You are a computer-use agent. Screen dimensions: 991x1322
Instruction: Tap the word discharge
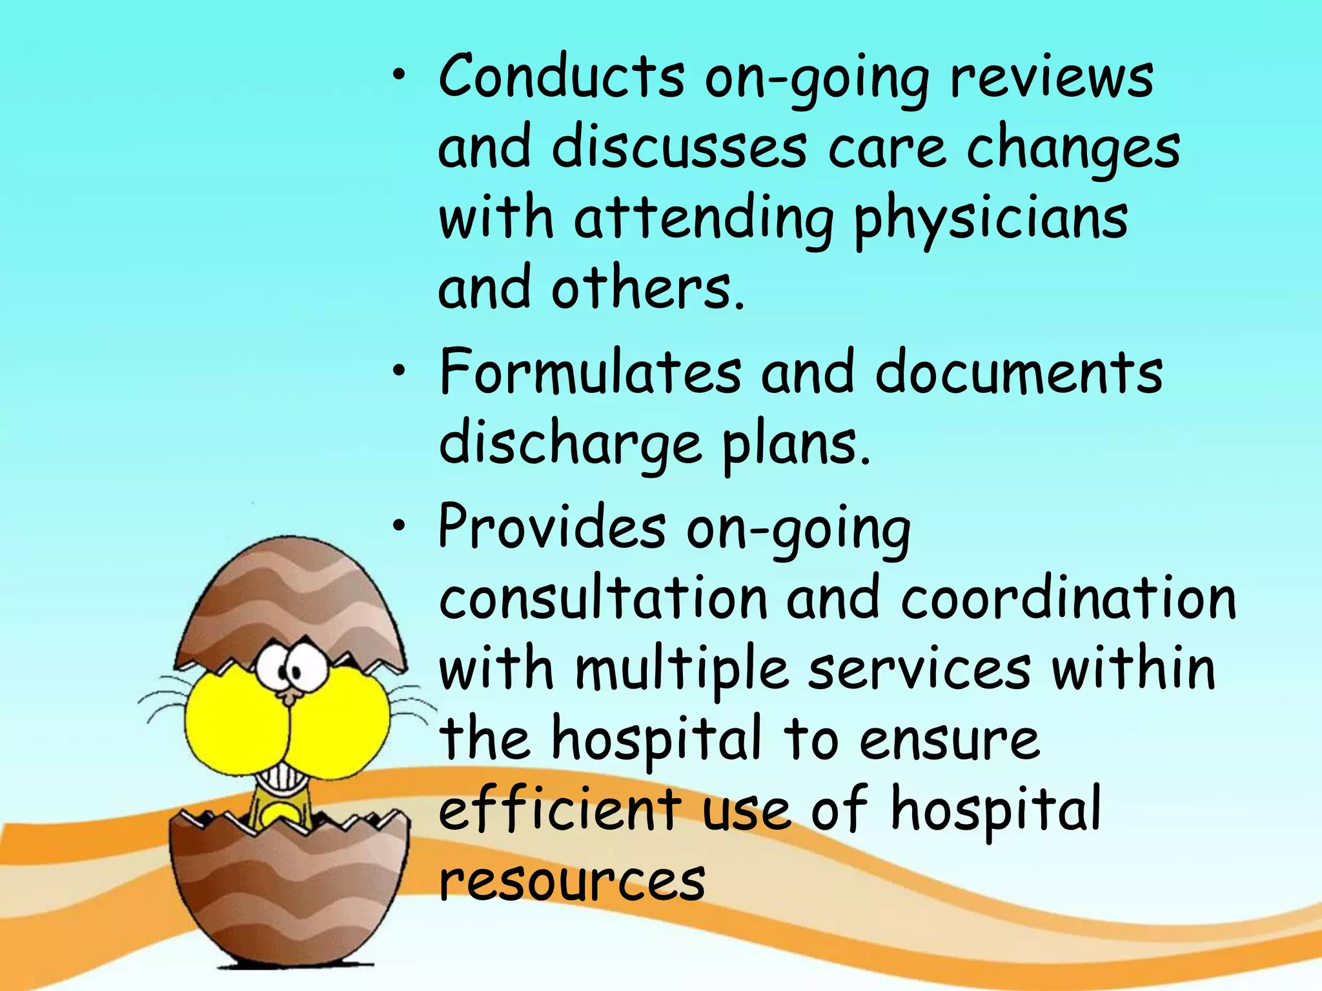(x=570, y=445)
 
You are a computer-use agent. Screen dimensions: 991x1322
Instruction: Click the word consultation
(x=604, y=599)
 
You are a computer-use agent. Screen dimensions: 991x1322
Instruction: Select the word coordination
(x=1068, y=599)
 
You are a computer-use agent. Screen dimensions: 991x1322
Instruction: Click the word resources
(x=572, y=881)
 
